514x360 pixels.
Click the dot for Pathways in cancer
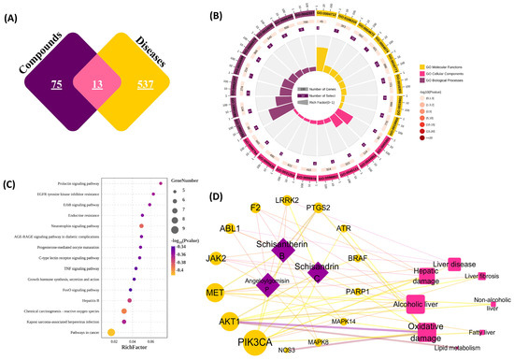112,331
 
